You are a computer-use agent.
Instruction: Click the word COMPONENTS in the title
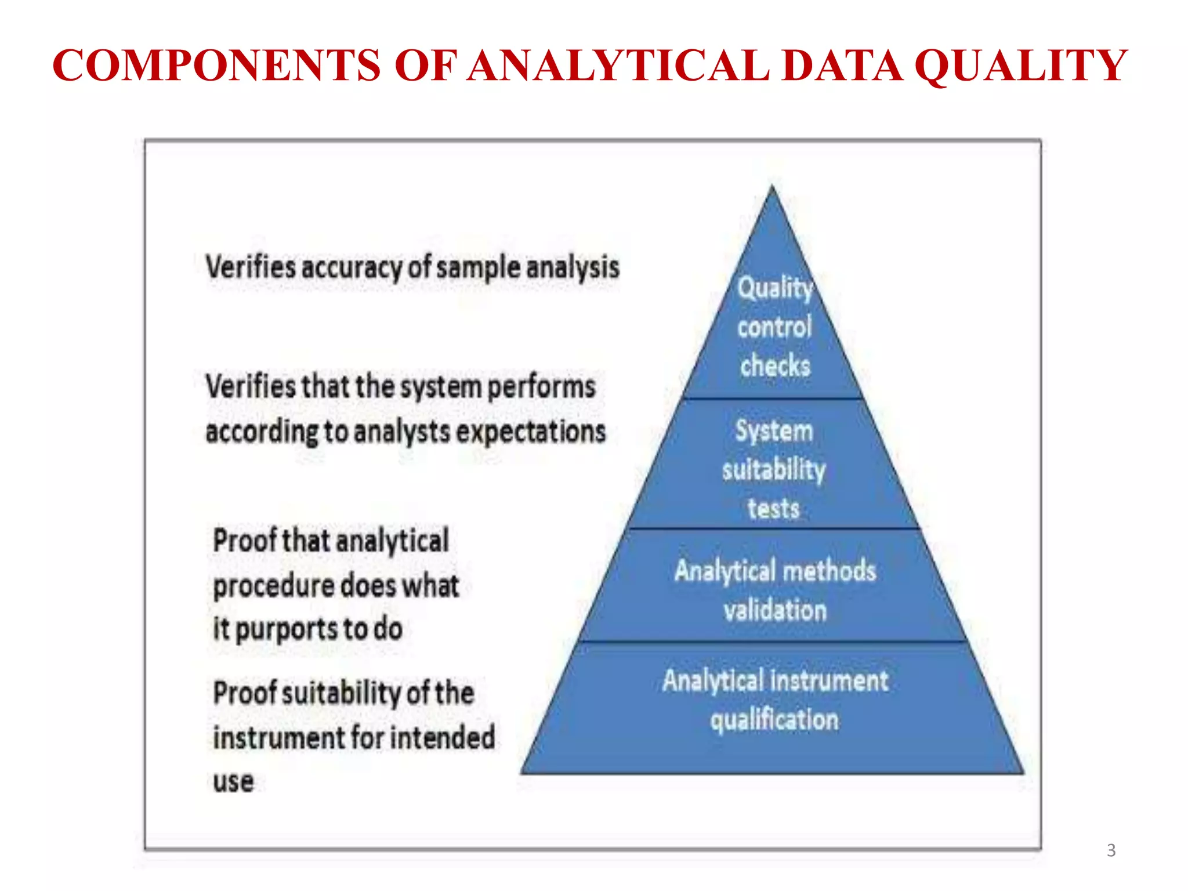[216, 65]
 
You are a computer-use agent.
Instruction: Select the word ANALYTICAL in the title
[618, 65]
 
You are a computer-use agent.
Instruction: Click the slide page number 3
[1111, 850]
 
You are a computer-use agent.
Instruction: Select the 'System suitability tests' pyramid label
[774, 469]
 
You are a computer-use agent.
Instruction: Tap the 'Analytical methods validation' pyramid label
[775, 590]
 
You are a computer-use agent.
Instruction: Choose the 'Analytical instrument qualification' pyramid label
[775, 700]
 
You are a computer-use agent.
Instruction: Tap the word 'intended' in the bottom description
[442, 738]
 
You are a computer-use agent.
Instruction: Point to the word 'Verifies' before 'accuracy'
[251, 268]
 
